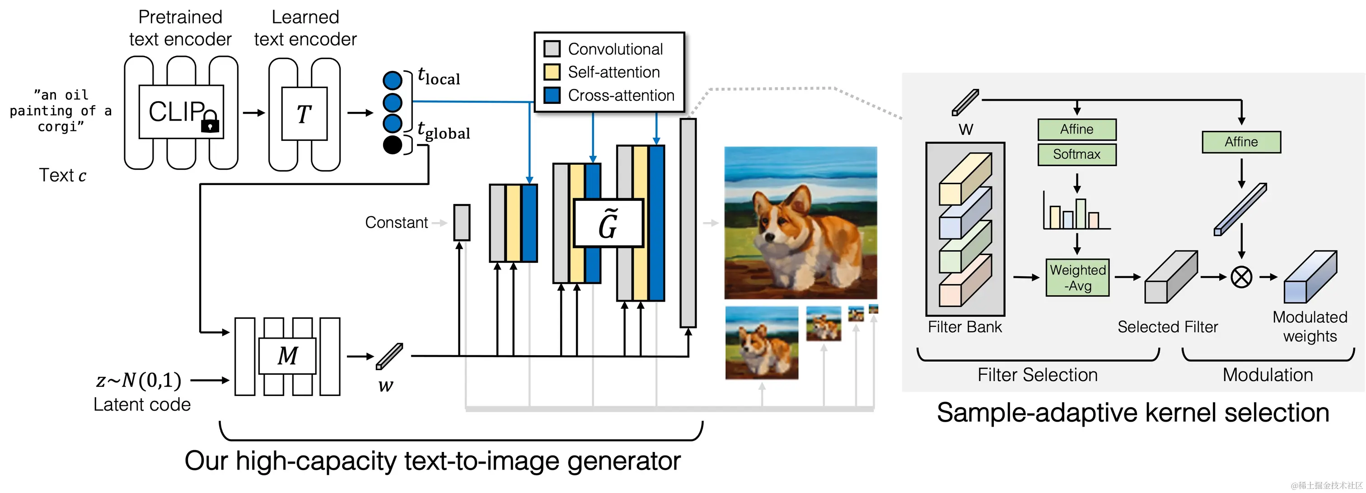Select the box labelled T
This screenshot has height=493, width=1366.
[x=304, y=113]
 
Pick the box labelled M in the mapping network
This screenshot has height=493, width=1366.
[x=287, y=356]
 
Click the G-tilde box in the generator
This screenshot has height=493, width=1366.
[x=608, y=223]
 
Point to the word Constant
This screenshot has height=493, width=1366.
[x=396, y=223]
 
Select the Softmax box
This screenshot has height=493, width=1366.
[x=1076, y=154]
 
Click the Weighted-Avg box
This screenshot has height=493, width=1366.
[x=1077, y=277]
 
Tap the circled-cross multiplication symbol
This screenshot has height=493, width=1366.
[x=1241, y=277]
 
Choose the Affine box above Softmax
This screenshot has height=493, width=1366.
[x=1076, y=130]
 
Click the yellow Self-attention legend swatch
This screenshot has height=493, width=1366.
[x=552, y=72]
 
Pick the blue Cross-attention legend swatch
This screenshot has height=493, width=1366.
[x=552, y=95]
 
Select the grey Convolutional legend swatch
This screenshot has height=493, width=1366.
[x=552, y=49]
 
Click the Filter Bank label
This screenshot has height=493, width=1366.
[x=964, y=327]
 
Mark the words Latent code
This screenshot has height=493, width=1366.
[x=142, y=405]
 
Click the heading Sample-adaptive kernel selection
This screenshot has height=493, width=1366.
[x=1132, y=413]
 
